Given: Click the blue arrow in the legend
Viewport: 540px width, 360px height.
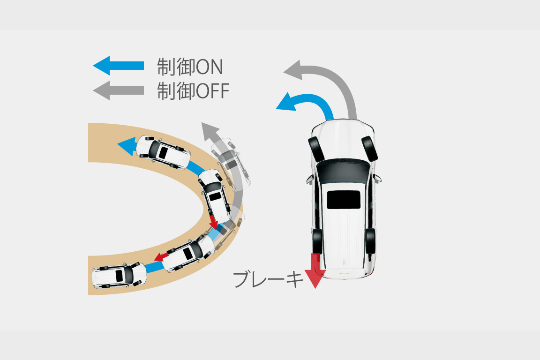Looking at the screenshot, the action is click(x=119, y=66).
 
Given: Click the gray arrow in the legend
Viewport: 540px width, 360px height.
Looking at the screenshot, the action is click(x=119, y=90).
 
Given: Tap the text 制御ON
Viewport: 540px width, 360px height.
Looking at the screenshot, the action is click(x=190, y=67).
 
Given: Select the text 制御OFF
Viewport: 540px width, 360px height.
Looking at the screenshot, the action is click(x=193, y=90).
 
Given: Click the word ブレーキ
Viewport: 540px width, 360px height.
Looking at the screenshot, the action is click(x=268, y=279).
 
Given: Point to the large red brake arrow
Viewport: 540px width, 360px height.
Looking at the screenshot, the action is click(x=315, y=270).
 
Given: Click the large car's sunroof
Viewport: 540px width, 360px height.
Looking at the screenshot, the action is click(x=343, y=200).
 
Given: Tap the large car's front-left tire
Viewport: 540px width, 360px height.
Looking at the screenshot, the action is click(x=316, y=149).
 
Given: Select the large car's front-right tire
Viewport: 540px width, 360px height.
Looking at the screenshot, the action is click(x=369, y=149).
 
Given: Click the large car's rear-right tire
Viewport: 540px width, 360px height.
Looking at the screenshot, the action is click(x=371, y=240).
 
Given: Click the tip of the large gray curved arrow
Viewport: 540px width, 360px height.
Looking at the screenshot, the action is click(x=284, y=71).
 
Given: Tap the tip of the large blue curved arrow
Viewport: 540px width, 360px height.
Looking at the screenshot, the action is click(x=276, y=109).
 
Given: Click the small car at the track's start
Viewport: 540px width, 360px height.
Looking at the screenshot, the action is click(x=119, y=275).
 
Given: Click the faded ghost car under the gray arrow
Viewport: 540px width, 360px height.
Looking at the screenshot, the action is click(x=231, y=164).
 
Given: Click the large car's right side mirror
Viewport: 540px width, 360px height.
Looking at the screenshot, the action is click(x=377, y=178).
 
